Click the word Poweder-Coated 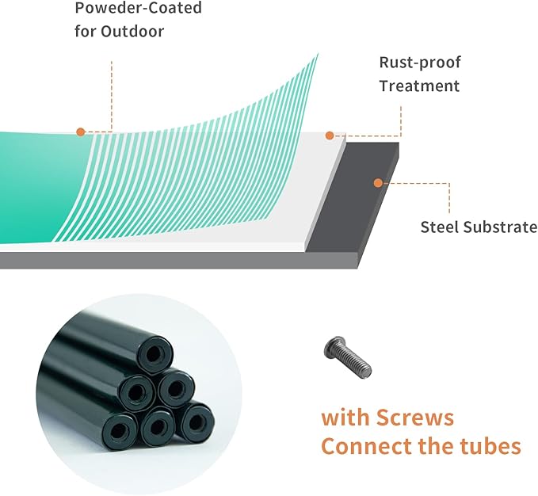point(139,8)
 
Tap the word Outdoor point(132,32)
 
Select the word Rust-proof point(420,63)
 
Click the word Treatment point(419,86)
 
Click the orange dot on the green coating point(81,132)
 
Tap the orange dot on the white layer point(330,135)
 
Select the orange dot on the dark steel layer point(378,183)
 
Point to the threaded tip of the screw point(366,371)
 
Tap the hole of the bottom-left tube point(118,430)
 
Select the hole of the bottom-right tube point(197,421)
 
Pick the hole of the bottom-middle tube point(158,427)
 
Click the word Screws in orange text point(415,418)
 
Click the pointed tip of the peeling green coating point(318,54)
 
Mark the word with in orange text point(345,418)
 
